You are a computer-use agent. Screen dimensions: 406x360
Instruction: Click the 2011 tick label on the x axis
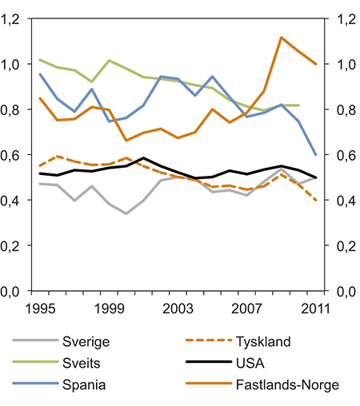click(312, 308)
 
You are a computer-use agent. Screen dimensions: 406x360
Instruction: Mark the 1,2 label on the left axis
click(16, 19)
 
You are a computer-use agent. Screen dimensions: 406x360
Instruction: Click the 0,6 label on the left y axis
click(16, 156)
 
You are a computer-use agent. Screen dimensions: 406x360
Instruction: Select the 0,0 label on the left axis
click(16, 293)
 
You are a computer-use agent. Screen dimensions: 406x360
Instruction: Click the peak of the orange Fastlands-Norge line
click(281, 38)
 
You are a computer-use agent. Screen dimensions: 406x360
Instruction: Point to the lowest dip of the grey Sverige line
click(126, 213)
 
